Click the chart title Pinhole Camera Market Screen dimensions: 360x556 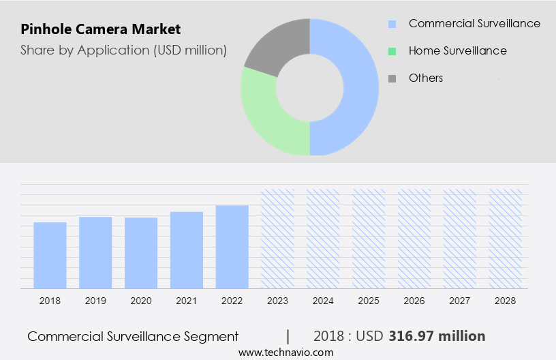coord(101,29)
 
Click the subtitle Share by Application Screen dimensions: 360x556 coord(123,50)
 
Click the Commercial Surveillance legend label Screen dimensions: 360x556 coord(474,24)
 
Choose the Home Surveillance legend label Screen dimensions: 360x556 coord(457,51)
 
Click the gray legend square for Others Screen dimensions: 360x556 coord(392,78)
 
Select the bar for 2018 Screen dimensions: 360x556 coord(50,255)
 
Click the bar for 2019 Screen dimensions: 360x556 coord(95,252)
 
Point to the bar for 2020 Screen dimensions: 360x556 coord(141,253)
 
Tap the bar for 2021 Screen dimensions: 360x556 coord(187,250)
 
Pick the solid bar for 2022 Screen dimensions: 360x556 coord(232,247)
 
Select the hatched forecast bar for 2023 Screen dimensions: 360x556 coord(278,239)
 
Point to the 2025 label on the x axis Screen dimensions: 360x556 coord(369,301)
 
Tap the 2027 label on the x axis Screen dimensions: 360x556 coord(461,301)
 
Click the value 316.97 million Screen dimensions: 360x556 coord(437,336)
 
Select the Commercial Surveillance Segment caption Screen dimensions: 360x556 coord(133,336)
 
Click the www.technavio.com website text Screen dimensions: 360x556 coord(286,352)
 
